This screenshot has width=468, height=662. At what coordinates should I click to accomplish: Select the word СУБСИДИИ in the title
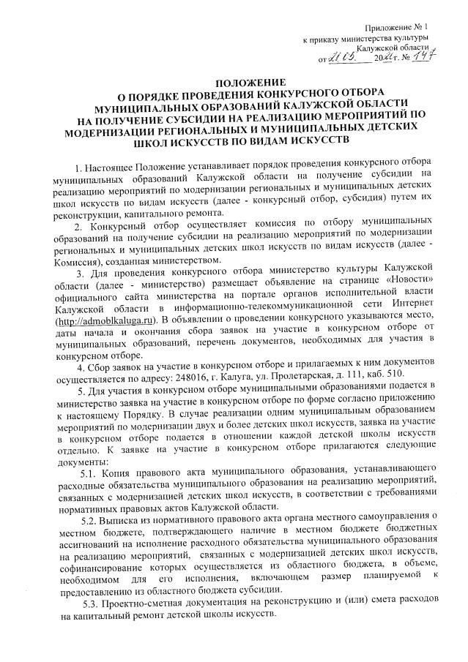click(207, 114)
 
